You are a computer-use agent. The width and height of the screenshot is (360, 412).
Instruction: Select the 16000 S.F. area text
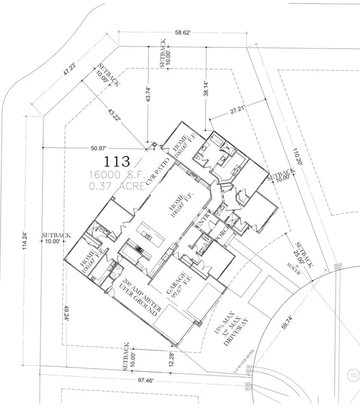pyautogui.click(x=118, y=174)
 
